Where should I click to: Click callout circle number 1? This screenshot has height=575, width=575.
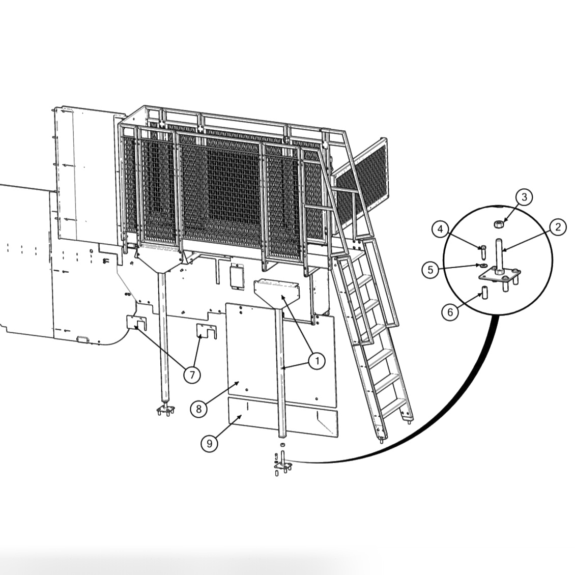point(317,361)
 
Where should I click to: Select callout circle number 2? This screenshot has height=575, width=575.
point(558,227)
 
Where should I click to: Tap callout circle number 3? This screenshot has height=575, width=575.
point(524,197)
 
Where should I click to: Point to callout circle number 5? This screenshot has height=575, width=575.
point(430,270)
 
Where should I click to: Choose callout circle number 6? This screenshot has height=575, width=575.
point(450,312)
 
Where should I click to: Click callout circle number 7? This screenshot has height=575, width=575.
point(192,375)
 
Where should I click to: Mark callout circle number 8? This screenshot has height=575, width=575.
point(199,409)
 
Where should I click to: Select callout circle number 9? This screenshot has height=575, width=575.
point(209,444)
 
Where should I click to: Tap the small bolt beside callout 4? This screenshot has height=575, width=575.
point(482,253)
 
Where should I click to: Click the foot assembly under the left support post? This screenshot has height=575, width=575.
point(166,410)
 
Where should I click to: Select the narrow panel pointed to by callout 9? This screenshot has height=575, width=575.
point(283,417)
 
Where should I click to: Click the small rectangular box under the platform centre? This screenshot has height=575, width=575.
point(237,276)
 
